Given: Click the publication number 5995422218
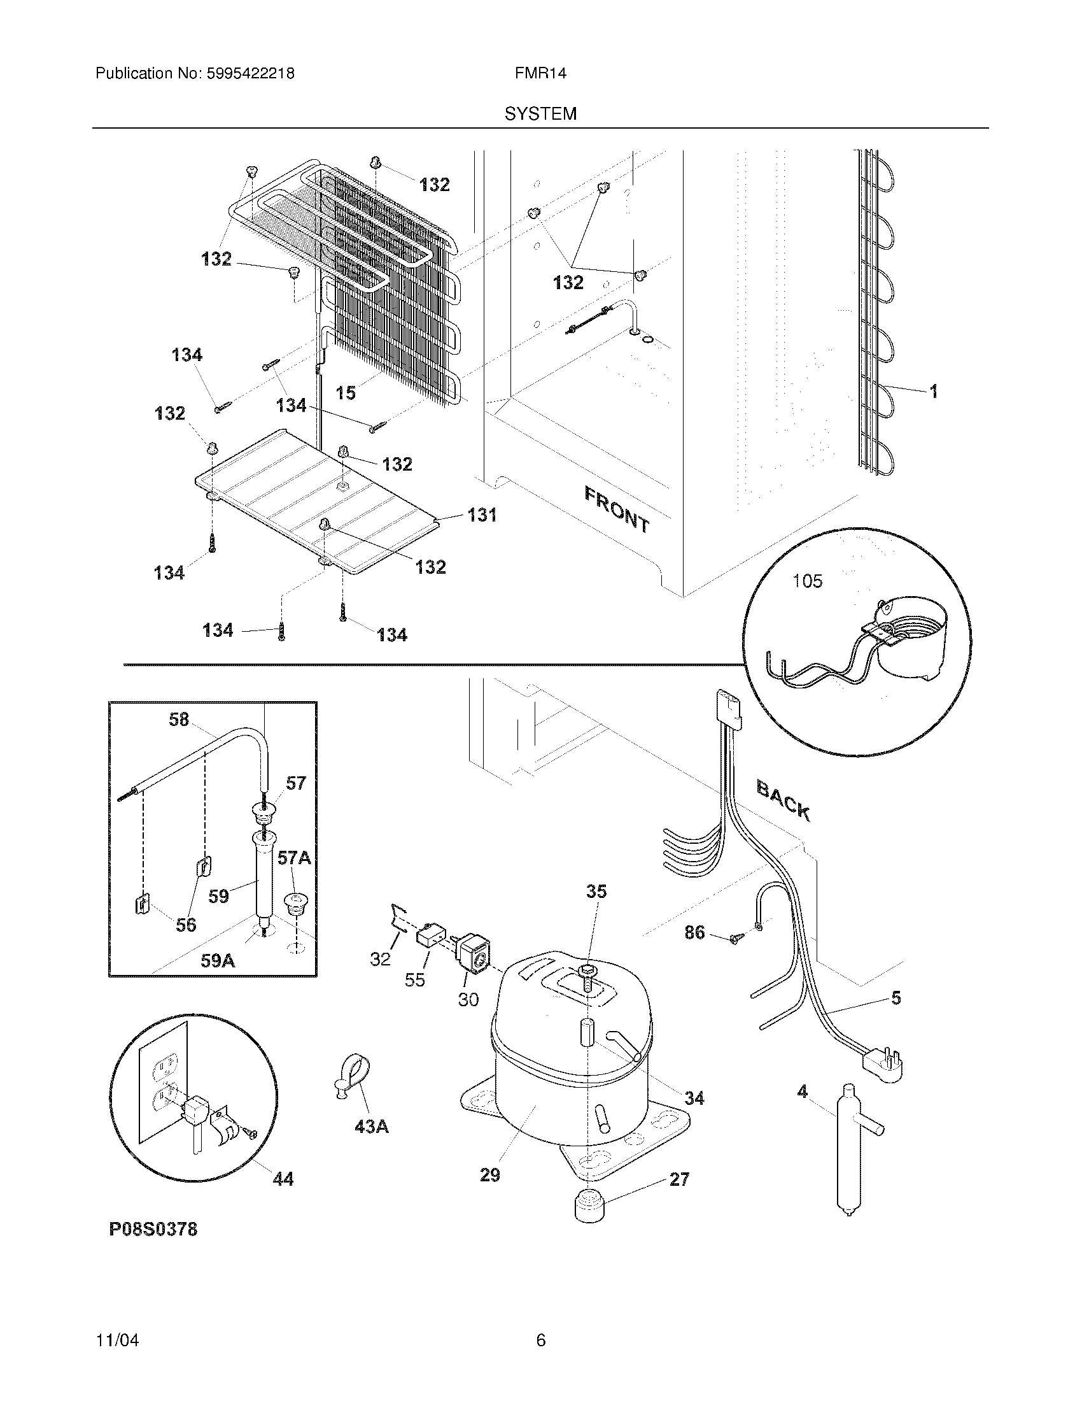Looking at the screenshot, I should pos(251,74).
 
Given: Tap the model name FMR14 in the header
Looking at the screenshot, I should pos(540,74).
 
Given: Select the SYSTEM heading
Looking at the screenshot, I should pos(540,114).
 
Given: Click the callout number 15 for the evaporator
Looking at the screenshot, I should pos(346,392).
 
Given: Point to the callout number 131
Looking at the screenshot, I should pos(482,515).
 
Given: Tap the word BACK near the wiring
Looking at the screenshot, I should pos(783,800).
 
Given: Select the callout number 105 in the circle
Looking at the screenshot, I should pos(807,581).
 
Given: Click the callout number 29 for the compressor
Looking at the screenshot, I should pos(489,1175).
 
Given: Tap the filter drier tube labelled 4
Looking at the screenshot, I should pos(848,1148).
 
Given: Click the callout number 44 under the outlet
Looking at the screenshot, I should pos(283,1178).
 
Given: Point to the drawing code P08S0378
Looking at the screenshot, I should pos(153,1229).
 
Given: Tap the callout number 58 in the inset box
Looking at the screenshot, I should pos(179,720).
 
